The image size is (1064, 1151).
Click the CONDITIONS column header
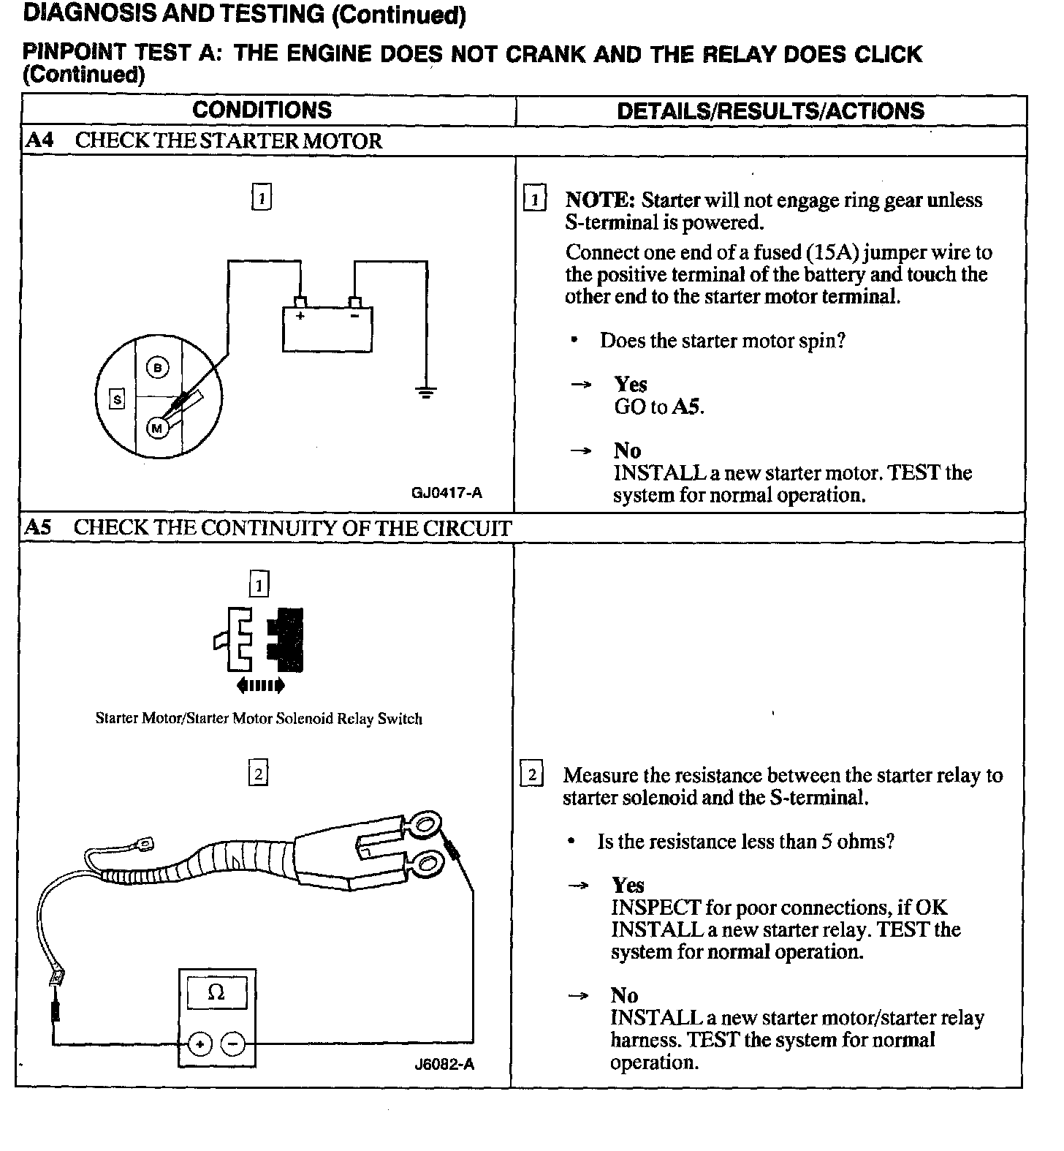[262, 110]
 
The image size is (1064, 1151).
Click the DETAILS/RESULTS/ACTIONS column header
[770, 111]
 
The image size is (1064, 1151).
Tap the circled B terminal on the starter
[157, 368]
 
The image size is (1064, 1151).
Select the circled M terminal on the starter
[156, 429]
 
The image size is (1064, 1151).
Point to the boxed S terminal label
[117, 399]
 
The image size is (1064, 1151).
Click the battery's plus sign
[300, 316]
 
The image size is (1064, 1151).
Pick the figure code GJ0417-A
[446, 493]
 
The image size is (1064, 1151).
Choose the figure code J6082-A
[444, 1064]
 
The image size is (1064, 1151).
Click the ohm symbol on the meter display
[216, 992]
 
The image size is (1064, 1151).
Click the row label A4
[39, 140]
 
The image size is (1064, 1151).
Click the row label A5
[39, 528]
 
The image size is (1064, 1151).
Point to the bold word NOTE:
[599, 200]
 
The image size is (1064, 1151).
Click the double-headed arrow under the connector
[259, 685]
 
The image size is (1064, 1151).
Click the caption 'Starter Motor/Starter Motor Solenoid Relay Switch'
[259, 719]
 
